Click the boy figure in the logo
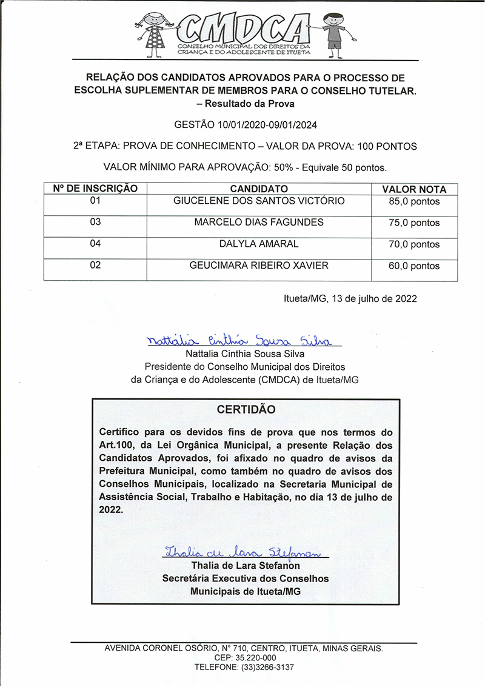pyautogui.click(x=333, y=33)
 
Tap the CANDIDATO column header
pyautogui.click(x=259, y=189)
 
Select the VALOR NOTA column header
pyautogui.click(x=414, y=189)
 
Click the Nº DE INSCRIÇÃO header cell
pyautogui.click(x=95, y=189)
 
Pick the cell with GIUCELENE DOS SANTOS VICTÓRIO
pyautogui.click(x=259, y=201)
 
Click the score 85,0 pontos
pyautogui.click(x=414, y=202)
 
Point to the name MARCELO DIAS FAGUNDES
pyautogui.click(x=259, y=223)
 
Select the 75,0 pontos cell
pyautogui.click(x=414, y=223)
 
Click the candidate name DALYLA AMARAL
pyautogui.click(x=259, y=244)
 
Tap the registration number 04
pyautogui.click(x=95, y=244)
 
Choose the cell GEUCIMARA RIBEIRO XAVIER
pyautogui.click(x=259, y=266)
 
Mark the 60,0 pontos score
pyautogui.click(x=414, y=266)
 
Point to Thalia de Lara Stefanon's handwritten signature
pyautogui.click(x=246, y=552)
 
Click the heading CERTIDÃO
pyautogui.click(x=246, y=409)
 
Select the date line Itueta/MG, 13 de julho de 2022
pyautogui.click(x=350, y=298)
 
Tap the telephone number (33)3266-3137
pyautogui.click(x=244, y=667)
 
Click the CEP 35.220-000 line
pyautogui.click(x=245, y=658)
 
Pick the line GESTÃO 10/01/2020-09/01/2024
pyautogui.click(x=246, y=126)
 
